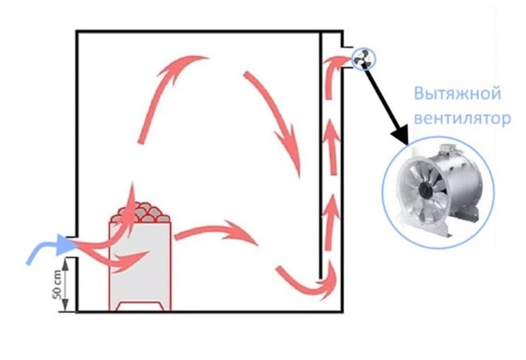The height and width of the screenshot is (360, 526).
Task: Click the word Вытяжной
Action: [x=457, y=93]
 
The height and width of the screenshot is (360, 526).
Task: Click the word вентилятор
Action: [x=463, y=118]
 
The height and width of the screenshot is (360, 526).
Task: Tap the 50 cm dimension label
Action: [x=57, y=285]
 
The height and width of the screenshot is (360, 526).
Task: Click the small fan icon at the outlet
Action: [x=363, y=59]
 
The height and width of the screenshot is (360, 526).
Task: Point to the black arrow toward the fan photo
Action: [x=387, y=105]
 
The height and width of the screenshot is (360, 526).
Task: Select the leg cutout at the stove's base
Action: [x=140, y=306]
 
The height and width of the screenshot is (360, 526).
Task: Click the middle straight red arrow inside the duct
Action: [x=332, y=146]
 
